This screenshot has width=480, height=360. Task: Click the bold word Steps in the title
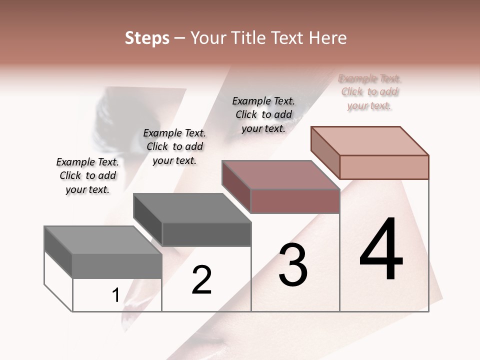(x=147, y=38)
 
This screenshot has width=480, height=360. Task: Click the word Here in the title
(x=327, y=38)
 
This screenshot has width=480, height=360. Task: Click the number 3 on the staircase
(x=293, y=265)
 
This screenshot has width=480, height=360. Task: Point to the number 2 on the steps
(x=202, y=280)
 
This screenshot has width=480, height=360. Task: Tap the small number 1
(x=115, y=295)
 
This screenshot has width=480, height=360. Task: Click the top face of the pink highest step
(x=370, y=141)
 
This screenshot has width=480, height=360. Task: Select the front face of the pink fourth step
(x=384, y=167)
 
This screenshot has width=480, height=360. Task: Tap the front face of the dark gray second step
(x=206, y=234)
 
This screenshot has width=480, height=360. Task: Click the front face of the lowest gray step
(x=117, y=266)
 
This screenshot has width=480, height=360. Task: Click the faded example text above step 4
(x=369, y=92)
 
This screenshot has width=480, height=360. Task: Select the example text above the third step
(x=263, y=114)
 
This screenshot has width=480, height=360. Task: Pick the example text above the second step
(x=174, y=146)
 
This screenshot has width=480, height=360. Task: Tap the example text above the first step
(x=87, y=175)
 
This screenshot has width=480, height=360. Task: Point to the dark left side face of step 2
(x=147, y=220)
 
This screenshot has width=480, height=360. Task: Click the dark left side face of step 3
(x=236, y=186)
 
